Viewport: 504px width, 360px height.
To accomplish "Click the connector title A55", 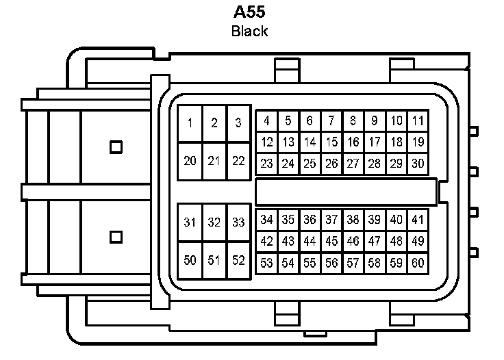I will (249, 12).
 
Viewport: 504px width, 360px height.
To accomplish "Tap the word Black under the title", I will (249, 31).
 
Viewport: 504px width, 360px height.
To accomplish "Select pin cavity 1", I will (190, 124).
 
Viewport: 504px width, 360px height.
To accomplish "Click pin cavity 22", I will (238, 161).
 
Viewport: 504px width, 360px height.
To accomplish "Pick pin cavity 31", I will (190, 222).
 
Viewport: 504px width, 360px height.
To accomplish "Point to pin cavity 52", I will (238, 260).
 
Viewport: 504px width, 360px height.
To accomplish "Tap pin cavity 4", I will (266, 122).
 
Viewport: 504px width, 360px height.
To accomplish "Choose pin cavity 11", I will (418, 122).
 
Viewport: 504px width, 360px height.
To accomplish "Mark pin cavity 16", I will (353, 142).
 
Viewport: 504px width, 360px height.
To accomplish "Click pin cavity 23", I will (266, 164).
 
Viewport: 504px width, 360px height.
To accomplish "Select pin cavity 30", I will (418, 164).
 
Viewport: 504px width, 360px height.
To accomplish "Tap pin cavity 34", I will (266, 220).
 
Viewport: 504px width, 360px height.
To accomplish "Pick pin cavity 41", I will (418, 220).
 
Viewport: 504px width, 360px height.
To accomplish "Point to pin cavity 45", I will (331, 241).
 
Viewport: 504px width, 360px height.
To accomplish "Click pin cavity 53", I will (266, 263).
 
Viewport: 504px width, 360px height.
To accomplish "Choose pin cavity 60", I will (418, 263).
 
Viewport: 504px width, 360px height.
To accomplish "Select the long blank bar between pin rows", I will (346, 192).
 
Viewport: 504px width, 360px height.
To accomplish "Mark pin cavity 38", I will (353, 220).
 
